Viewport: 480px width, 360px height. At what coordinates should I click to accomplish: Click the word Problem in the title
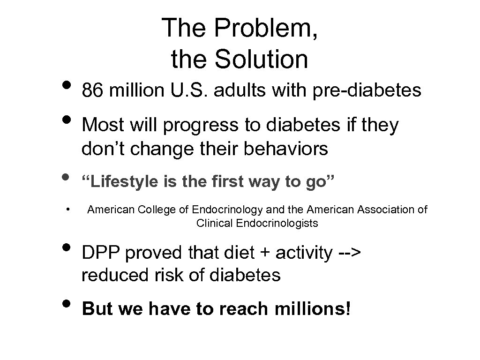tap(264, 29)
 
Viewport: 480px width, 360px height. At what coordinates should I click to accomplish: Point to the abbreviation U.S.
tap(184, 90)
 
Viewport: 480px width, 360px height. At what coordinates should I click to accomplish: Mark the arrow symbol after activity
tap(349, 254)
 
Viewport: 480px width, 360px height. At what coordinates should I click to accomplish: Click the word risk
tap(167, 275)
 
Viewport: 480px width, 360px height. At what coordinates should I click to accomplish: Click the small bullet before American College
tap(68, 209)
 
